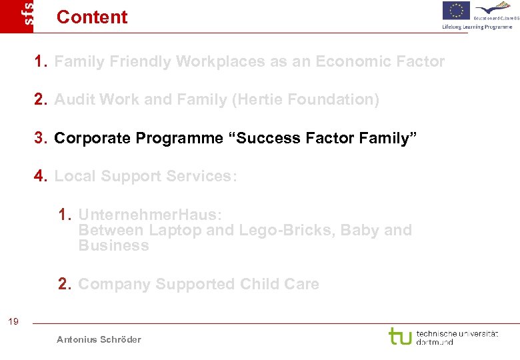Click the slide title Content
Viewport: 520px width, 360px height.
(92, 17)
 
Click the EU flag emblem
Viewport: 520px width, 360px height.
(456, 11)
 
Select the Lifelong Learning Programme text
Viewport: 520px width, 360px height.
(477, 27)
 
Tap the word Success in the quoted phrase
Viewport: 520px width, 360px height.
(263, 138)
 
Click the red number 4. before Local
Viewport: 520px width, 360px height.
(41, 176)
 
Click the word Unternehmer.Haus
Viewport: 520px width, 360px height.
(150, 215)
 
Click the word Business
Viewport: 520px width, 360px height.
(113, 245)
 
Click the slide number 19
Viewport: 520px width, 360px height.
(13, 323)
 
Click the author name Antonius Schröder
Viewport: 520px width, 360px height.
(99, 340)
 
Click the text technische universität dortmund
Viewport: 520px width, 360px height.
(457, 337)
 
